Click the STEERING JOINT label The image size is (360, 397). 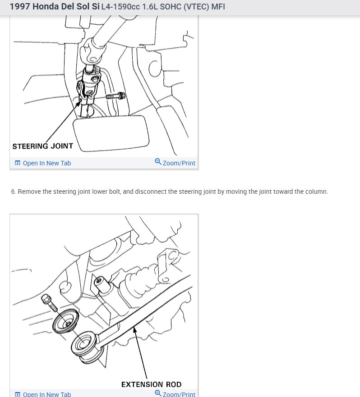pos(42,146)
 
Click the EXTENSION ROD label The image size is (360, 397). pos(151,384)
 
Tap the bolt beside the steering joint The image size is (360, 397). pos(115,96)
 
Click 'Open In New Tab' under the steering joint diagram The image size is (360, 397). pos(43,163)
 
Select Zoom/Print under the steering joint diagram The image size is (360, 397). pos(175,162)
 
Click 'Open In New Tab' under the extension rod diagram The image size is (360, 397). pos(43,394)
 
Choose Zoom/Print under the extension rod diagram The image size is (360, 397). pos(175,393)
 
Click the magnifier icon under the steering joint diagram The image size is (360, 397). pos(158,161)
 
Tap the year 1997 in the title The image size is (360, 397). pos(20,6)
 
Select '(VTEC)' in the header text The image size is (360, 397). pos(196,7)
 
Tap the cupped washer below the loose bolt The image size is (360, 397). pos(66,321)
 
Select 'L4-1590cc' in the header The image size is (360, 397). pos(120,7)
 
